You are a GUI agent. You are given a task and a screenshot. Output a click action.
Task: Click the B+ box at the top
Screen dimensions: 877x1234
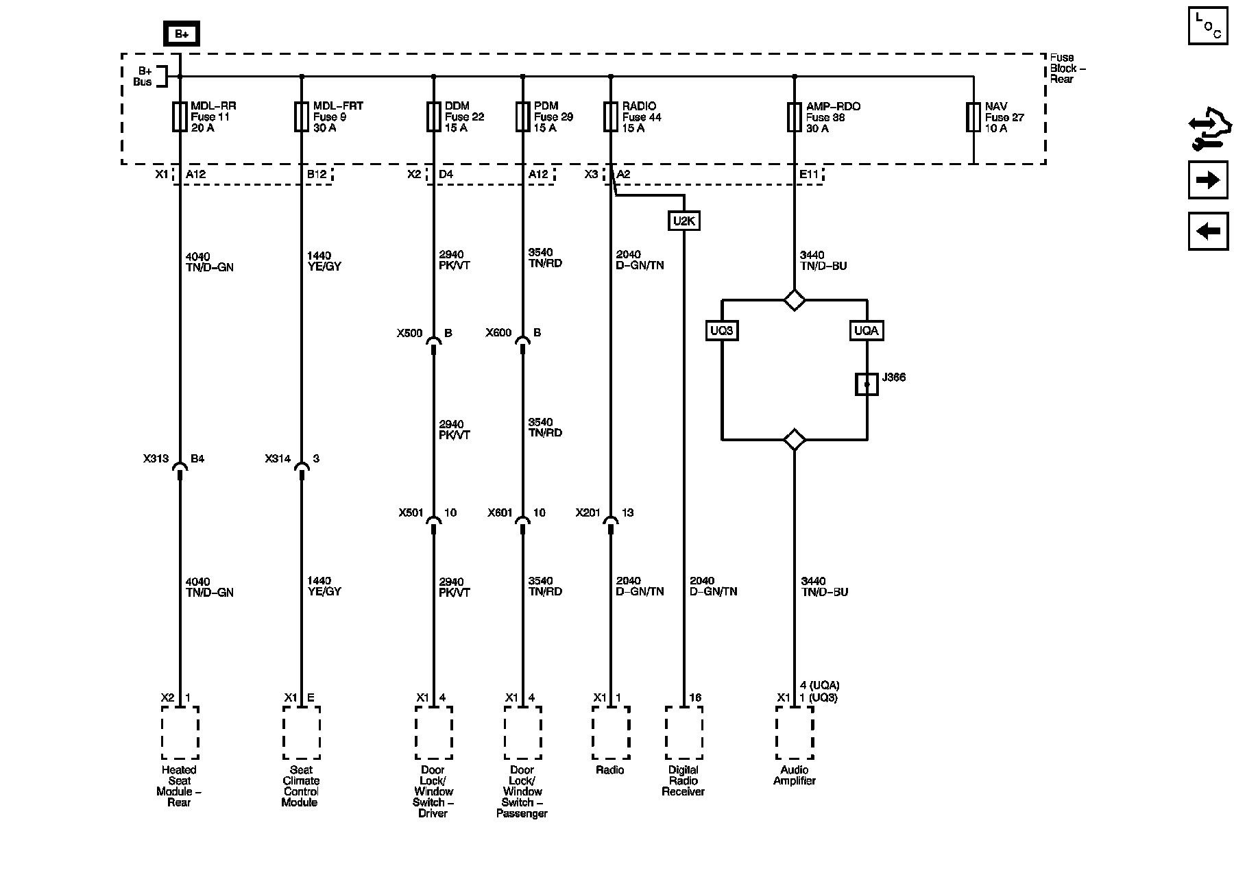click(181, 34)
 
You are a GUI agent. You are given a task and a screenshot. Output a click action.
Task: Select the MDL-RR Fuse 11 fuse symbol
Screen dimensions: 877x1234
click(180, 116)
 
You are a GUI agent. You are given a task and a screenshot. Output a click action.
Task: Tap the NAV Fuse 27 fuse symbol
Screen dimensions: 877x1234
click(973, 116)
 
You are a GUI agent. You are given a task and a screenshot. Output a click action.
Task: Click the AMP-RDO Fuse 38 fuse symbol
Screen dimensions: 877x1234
click(795, 116)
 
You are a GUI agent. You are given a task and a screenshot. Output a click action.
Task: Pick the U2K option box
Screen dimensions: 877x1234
click(683, 221)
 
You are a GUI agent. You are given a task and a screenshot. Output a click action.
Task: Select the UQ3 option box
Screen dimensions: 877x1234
click(722, 331)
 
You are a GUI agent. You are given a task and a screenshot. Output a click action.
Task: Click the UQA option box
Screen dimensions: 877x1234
click(867, 331)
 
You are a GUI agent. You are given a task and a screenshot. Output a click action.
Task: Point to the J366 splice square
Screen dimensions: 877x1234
click(867, 384)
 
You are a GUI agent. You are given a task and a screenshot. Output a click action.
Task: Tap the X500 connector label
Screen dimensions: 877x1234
click(409, 334)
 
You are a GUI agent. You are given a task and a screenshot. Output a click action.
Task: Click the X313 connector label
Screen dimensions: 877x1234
click(156, 459)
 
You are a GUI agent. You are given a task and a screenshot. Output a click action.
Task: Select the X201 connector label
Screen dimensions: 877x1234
click(588, 512)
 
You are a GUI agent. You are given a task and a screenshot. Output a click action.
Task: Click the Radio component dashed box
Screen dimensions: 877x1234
click(610, 733)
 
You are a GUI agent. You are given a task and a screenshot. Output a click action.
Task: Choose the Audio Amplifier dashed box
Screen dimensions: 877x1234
click(795, 733)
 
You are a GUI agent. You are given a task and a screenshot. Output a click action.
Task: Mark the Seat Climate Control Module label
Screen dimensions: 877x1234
click(301, 786)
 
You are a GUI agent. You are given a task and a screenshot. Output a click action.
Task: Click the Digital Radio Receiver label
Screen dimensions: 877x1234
click(683, 780)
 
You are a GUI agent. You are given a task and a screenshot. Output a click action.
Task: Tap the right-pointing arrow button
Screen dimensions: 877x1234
click(1208, 180)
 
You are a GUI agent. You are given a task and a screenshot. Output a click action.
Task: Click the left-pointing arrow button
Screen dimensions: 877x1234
click(1208, 231)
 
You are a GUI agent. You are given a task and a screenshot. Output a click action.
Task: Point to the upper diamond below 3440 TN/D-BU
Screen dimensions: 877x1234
click(795, 300)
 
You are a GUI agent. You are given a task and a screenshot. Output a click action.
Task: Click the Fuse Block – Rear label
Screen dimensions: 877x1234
click(1067, 68)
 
